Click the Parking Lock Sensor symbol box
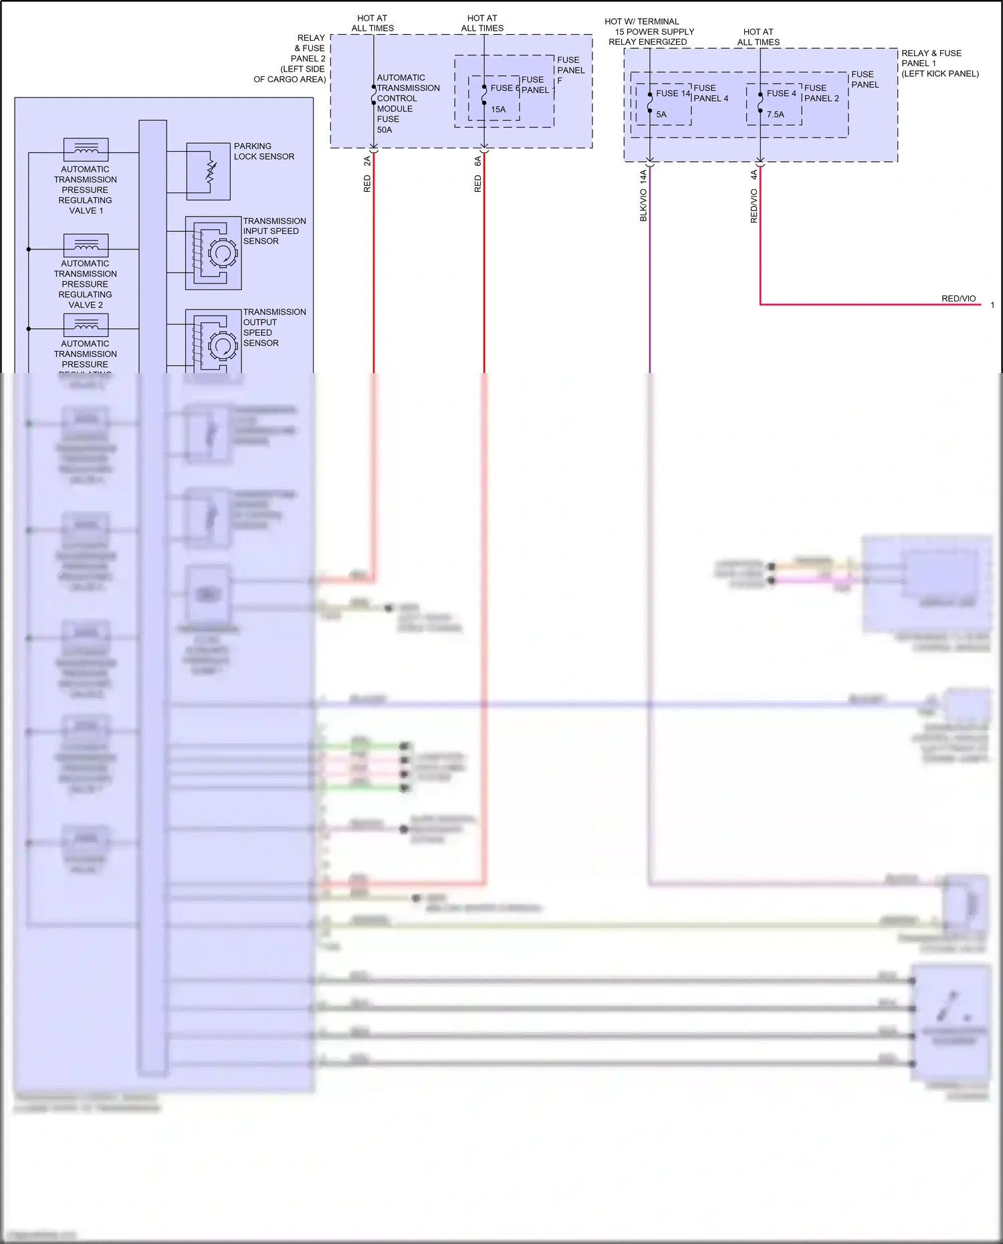(208, 171)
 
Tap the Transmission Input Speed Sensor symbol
(213, 253)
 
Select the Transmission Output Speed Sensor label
(274, 327)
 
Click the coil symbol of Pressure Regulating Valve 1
(86, 149)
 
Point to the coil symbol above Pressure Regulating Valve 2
(86, 245)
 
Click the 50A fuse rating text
(384, 130)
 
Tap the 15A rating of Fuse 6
(498, 110)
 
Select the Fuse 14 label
(673, 94)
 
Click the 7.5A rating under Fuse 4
(775, 114)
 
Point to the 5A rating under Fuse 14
(661, 114)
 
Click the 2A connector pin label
(367, 161)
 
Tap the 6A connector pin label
(477, 161)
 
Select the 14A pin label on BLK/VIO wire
(643, 176)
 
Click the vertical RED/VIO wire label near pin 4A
(754, 206)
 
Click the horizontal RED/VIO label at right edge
(958, 298)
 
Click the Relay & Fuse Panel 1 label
(939, 63)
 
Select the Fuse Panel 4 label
(710, 93)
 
